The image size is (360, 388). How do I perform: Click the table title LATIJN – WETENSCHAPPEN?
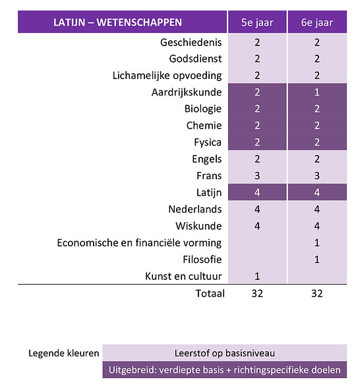(117, 23)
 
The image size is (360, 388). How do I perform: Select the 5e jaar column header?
(257, 23)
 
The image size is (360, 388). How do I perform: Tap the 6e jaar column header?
(317, 23)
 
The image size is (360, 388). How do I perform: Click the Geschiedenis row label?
(191, 43)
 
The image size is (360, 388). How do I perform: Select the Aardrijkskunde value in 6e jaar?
(317, 92)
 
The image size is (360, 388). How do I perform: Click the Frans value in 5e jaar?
(257, 176)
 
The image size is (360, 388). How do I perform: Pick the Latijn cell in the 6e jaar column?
(317, 192)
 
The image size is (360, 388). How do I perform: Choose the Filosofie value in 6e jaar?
(317, 260)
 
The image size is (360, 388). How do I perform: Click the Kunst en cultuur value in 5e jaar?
(257, 276)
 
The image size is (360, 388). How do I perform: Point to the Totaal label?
(209, 293)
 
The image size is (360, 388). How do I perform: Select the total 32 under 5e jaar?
(257, 293)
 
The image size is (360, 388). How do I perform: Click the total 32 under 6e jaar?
(317, 293)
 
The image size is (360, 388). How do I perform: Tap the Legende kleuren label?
(63, 353)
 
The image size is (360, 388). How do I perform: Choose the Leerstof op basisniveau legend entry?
(225, 353)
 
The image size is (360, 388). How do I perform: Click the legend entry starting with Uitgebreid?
(225, 370)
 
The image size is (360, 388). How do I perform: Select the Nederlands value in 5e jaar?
(257, 209)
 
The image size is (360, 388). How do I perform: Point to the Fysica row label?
(206, 142)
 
